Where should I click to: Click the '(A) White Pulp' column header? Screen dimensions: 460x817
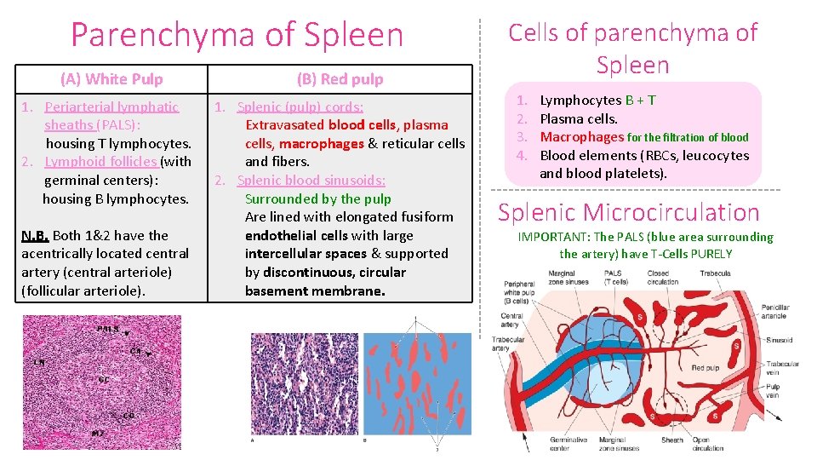coord(111,79)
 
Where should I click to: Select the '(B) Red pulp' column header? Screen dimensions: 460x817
coord(340,79)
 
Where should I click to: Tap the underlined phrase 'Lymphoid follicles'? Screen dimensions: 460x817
coord(100,162)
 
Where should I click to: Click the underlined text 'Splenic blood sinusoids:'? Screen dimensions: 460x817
coord(311,181)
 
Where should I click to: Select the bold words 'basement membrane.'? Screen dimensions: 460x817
coord(315,291)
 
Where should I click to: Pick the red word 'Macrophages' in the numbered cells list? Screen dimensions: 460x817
coord(582,137)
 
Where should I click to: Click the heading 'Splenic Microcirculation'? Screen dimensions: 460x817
coord(628,213)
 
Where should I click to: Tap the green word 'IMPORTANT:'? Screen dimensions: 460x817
coord(554,238)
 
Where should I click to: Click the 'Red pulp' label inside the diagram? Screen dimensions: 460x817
coord(705,368)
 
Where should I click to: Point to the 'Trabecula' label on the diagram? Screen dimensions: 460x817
coord(714,274)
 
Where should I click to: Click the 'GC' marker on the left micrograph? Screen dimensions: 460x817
coord(103,378)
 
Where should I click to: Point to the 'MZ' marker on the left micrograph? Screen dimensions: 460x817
coord(98,434)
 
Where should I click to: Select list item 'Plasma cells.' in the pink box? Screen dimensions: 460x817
coord(579,119)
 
